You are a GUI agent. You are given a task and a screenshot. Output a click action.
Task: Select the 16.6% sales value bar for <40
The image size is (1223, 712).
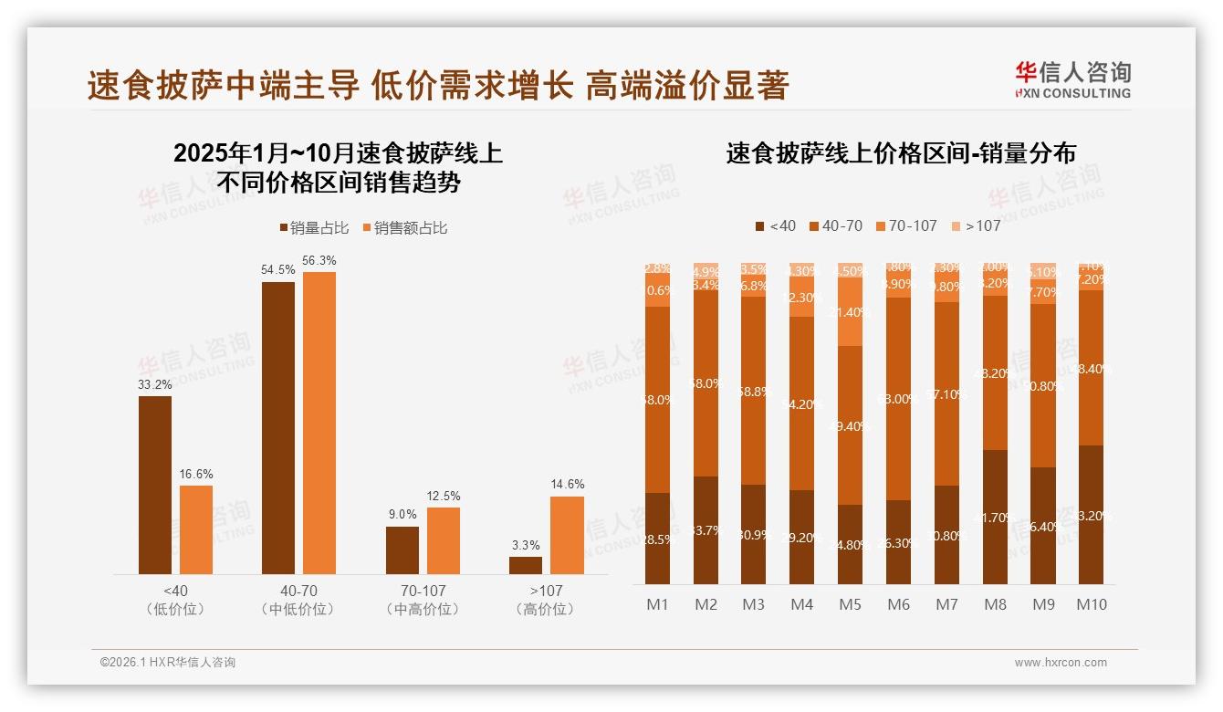pyautogui.click(x=196, y=529)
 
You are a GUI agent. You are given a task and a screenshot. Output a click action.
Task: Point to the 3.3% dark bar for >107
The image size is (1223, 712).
pyautogui.click(x=526, y=565)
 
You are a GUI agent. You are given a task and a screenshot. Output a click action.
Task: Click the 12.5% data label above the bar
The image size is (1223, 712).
pyautogui.click(x=444, y=496)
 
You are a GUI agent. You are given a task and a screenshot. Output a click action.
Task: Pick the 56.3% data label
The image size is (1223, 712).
pyautogui.click(x=319, y=260)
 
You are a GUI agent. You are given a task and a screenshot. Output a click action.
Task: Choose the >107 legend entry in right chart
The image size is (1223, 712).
pyautogui.click(x=976, y=225)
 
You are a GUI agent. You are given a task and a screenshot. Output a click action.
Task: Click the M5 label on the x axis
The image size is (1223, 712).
pyautogui.click(x=850, y=604)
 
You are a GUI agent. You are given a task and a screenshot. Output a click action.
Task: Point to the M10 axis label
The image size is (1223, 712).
pyautogui.click(x=1091, y=604)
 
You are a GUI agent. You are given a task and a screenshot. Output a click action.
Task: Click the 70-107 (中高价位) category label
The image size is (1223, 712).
pyautogui.click(x=422, y=600)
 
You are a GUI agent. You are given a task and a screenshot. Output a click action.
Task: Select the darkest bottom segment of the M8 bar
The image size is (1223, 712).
pyautogui.click(x=995, y=517)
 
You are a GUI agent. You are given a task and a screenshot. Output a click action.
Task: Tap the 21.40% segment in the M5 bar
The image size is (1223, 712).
pyautogui.click(x=850, y=311)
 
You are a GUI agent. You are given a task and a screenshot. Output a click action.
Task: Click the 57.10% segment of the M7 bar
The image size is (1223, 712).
pyautogui.click(x=946, y=393)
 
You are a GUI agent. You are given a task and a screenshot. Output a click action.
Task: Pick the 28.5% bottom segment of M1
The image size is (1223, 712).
pyautogui.click(x=657, y=539)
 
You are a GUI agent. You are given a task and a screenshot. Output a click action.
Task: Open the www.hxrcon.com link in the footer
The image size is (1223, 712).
pyautogui.click(x=1060, y=663)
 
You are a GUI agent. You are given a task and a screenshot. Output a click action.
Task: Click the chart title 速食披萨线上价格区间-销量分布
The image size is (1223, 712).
pyautogui.click(x=900, y=153)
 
